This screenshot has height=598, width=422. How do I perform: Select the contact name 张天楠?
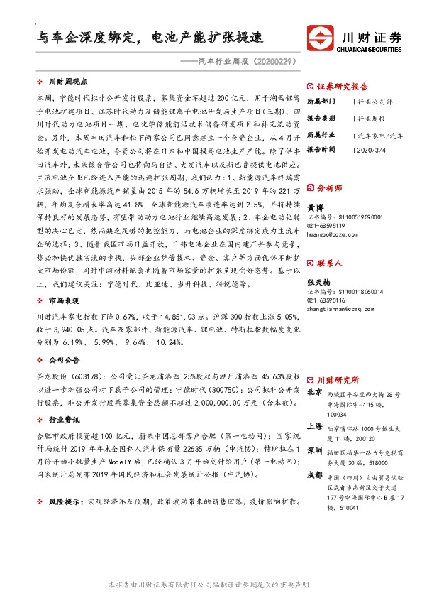(316, 281)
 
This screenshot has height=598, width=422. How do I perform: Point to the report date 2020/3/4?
(369, 150)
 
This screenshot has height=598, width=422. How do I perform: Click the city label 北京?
(314, 392)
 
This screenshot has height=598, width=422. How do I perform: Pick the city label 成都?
(314, 476)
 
